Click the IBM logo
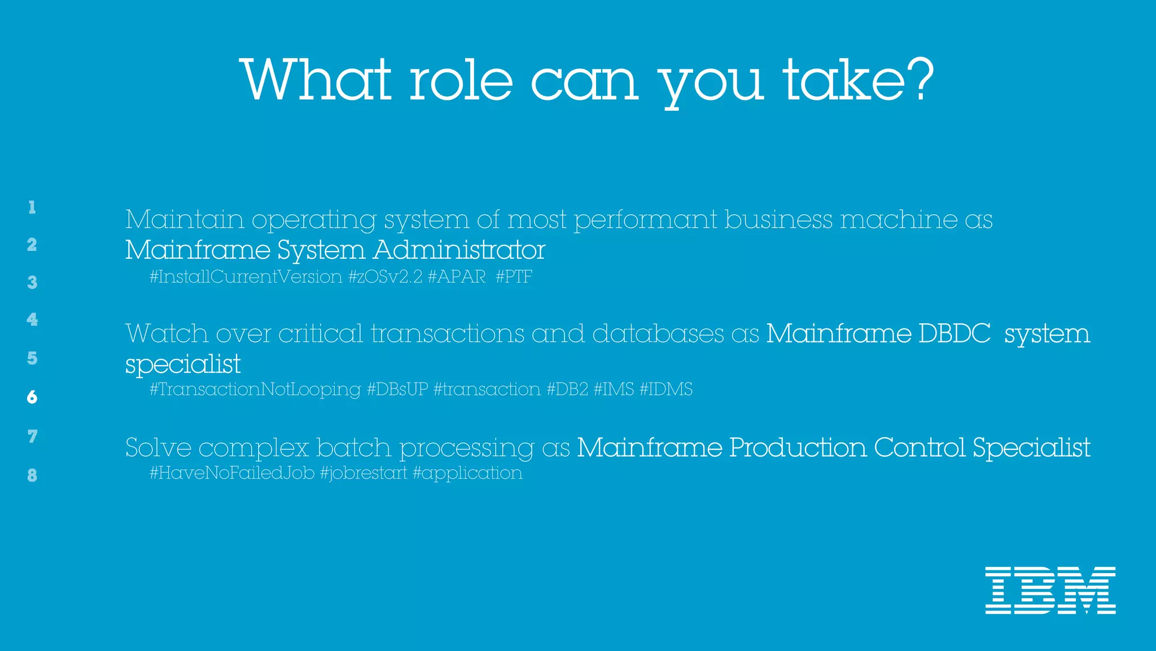[1050, 590]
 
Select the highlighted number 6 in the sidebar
[32, 397]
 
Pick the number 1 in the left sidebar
[32, 207]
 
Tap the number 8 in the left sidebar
[32, 475]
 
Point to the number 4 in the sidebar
[32, 320]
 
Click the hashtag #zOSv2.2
[385, 277]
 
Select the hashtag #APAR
[457, 277]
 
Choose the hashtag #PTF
[514, 277]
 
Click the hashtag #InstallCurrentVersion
[246, 277]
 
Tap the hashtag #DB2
[567, 389]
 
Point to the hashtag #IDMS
[666, 389]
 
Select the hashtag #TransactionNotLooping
[255, 389]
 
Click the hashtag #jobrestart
[363, 473]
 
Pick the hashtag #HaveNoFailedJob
[232, 473]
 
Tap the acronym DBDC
[954, 334]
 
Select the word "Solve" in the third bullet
[159, 448]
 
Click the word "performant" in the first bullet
[645, 220]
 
